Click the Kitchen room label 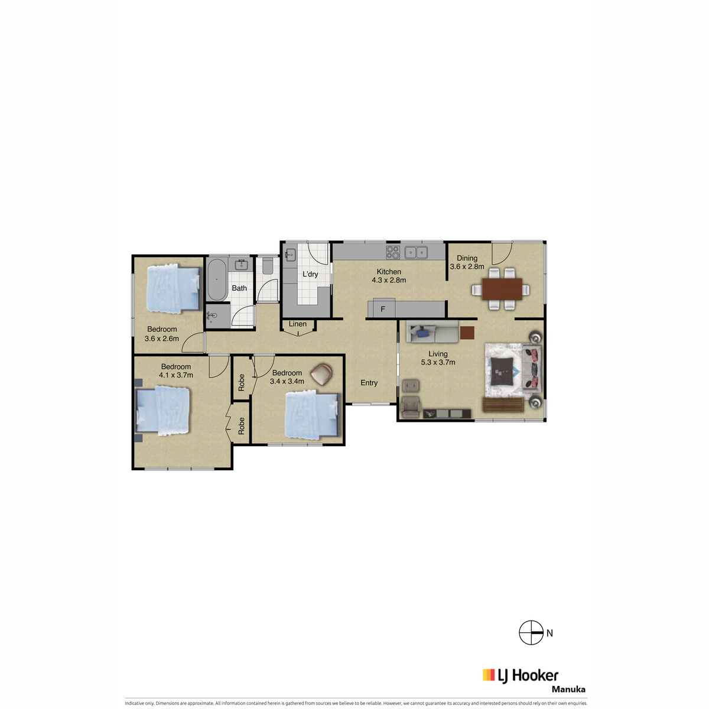coord(389,272)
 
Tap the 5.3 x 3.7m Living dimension coord(438,362)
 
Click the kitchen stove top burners coord(392,252)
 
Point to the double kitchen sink coord(416,252)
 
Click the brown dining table coord(502,289)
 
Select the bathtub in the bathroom coord(217,279)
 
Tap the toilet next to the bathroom coord(268,266)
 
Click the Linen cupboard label coord(298,324)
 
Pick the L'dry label coord(310,274)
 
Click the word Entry coord(369,383)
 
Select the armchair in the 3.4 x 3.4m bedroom coord(321,375)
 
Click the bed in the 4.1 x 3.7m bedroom coord(162,411)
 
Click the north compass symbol coord(531,633)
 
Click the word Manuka coord(568,689)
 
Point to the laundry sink coord(290,254)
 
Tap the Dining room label coord(467,258)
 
